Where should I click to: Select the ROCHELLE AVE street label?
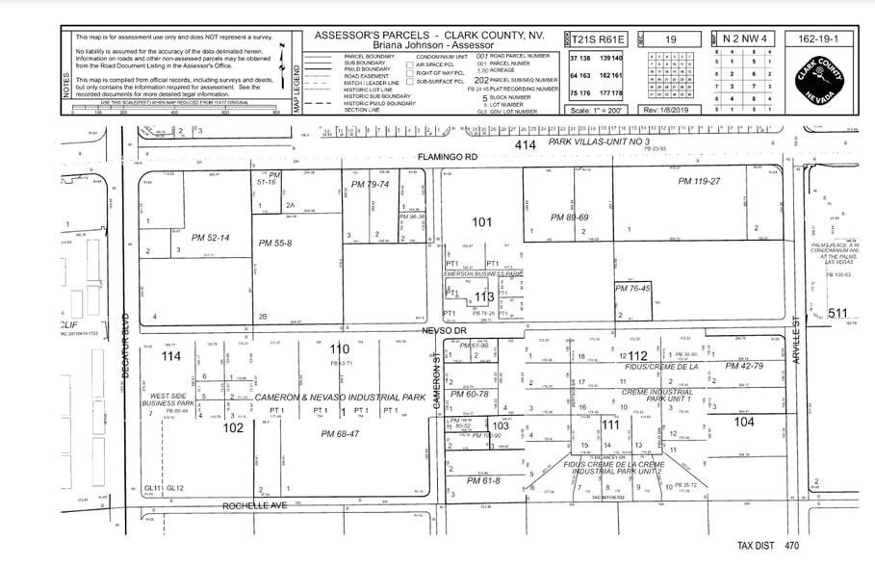point(255,504)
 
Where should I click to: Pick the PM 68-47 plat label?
point(340,434)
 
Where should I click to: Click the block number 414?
point(525,144)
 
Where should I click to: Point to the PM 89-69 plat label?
point(569,218)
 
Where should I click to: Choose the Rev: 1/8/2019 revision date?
point(670,110)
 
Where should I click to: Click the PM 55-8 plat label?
point(275,243)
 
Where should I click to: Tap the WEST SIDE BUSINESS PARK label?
point(168,399)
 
